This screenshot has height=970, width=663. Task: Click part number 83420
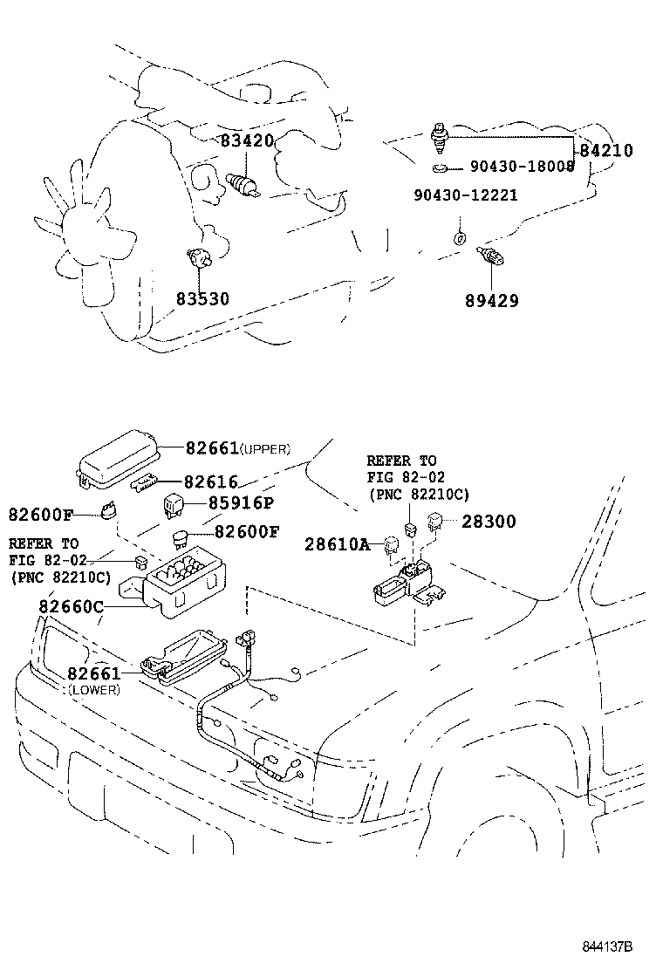(x=246, y=140)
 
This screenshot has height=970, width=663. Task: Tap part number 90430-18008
(x=522, y=167)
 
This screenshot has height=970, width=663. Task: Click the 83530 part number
(x=202, y=299)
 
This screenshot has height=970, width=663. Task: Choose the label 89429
(x=492, y=301)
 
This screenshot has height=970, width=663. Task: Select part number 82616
(x=210, y=482)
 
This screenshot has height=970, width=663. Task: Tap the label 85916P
(x=241, y=503)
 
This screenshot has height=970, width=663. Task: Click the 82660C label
(x=71, y=606)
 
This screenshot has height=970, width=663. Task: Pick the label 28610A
(x=337, y=544)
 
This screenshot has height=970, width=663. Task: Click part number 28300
(x=489, y=522)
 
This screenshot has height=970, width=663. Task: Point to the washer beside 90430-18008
(x=441, y=167)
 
